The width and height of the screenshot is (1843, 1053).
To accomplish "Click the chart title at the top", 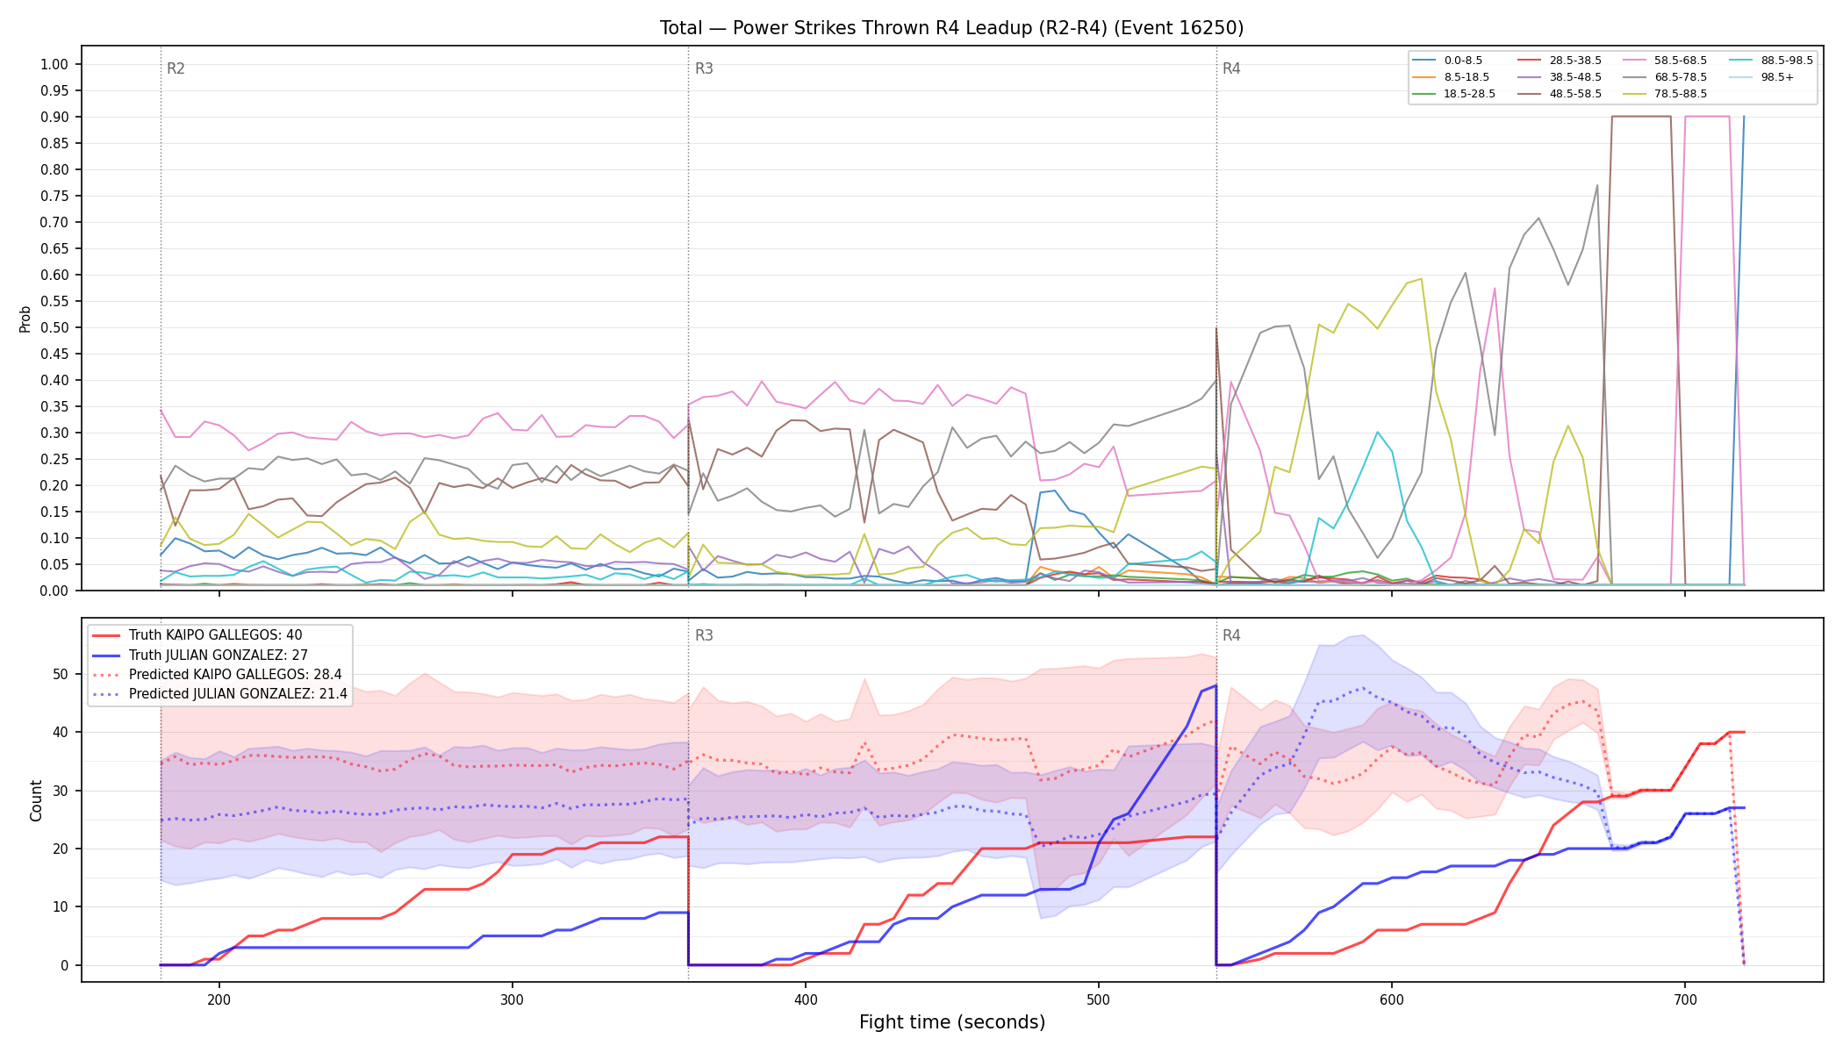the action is (951, 28).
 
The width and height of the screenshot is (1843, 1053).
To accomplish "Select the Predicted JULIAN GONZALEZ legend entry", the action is (219, 694).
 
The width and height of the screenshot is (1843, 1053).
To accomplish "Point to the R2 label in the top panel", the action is (176, 68).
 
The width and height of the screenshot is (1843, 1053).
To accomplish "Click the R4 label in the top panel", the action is (1231, 68).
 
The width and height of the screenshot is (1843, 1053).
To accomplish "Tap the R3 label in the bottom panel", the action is (704, 635).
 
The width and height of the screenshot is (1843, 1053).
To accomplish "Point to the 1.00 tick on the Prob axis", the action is (54, 64).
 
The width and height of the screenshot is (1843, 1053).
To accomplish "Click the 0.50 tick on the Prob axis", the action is (54, 327).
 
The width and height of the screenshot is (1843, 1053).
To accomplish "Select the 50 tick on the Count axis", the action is (61, 674).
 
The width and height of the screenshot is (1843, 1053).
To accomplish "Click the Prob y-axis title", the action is (25, 319).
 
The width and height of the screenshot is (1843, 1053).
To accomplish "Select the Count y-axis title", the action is (36, 800).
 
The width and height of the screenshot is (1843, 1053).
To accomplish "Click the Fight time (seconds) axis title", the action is (952, 1022).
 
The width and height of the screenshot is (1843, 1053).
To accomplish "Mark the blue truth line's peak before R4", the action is (1216, 685).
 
